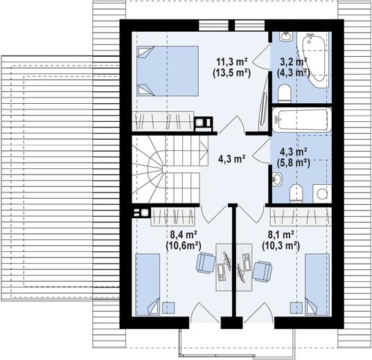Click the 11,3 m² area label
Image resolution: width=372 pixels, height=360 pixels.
tap(232, 62)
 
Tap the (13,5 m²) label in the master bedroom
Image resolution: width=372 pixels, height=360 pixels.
tap(232, 73)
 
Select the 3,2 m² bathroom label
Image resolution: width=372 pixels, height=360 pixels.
tap(294, 62)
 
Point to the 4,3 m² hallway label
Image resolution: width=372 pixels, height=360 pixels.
tap(232, 159)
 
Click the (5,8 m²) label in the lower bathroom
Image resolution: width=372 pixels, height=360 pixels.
tap(294, 163)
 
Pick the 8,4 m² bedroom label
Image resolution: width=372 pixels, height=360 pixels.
tap(184, 235)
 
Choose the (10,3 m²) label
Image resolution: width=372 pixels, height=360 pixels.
tap(281, 246)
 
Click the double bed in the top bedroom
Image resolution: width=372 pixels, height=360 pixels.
tap(168, 71)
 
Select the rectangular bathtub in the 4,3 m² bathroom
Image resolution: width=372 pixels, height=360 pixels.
tap(302, 120)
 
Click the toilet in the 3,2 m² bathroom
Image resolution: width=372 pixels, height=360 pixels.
tap(285, 93)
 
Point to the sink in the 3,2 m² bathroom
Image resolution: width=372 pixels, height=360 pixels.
tap(286, 37)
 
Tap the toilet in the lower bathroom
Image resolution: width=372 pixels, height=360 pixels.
tap(296, 194)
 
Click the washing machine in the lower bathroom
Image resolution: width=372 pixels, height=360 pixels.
tap(322, 194)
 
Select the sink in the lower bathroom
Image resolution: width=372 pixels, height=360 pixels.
tap(277, 179)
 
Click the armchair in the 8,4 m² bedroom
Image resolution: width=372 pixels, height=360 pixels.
tap(206, 263)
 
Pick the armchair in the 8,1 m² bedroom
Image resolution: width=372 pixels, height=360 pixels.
tap(262, 271)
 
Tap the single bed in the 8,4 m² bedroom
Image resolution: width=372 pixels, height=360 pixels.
tap(148, 285)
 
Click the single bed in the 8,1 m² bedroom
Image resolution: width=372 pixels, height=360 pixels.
tap(317, 285)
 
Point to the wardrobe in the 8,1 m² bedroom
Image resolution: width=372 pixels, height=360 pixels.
tap(301, 217)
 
